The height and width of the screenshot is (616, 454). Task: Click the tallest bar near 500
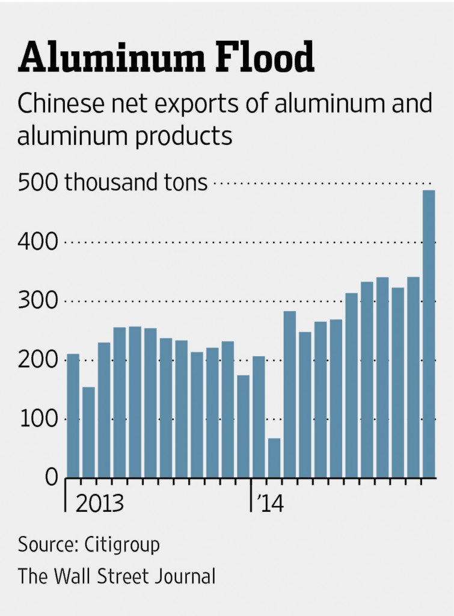coord(429,334)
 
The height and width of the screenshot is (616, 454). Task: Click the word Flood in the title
coord(261,59)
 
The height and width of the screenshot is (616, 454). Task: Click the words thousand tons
coord(136,182)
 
